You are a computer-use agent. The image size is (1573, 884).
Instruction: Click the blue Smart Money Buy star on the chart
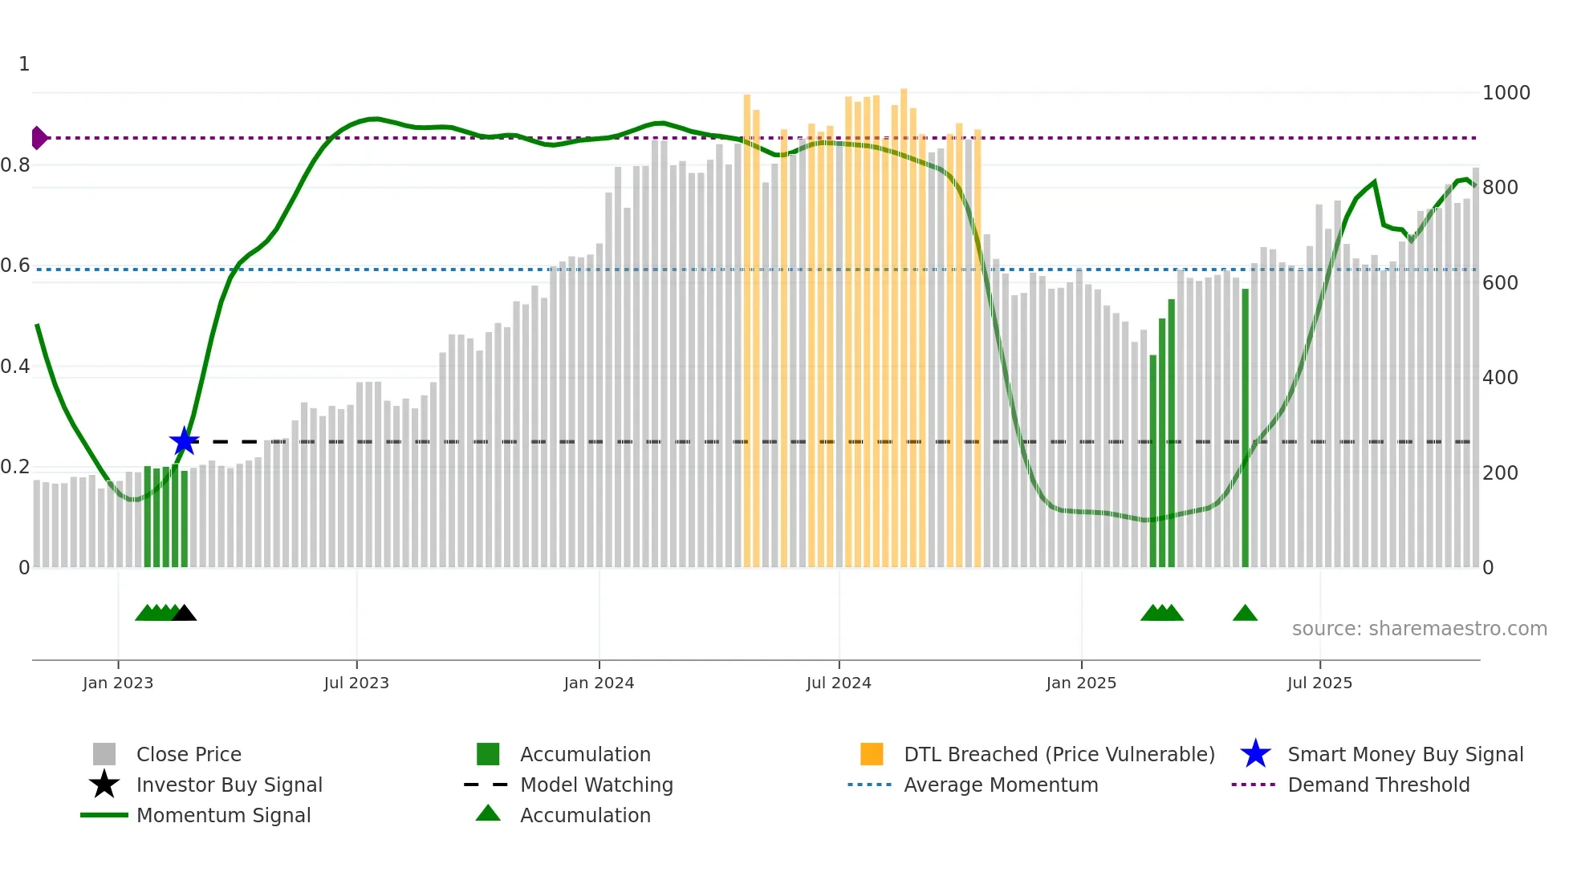coord(184,441)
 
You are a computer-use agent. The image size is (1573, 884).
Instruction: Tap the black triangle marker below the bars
coord(185,614)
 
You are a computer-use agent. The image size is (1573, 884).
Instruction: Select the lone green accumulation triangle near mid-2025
coord(1245,614)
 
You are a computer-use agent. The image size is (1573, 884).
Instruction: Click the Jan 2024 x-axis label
coord(599,683)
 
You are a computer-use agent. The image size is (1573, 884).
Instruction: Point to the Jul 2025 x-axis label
coord(1319,683)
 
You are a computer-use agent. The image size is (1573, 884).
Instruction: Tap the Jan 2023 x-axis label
coord(118,683)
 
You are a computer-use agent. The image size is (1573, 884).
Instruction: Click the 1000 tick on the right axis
coord(1506,93)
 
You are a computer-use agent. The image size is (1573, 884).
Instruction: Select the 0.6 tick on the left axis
coord(16,266)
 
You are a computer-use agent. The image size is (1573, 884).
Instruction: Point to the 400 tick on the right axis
coord(1500,378)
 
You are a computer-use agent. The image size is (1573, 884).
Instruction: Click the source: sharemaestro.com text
coord(1419,629)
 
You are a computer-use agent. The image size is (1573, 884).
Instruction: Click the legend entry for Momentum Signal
coord(223,815)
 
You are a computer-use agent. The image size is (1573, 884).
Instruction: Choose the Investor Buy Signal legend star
coord(104,785)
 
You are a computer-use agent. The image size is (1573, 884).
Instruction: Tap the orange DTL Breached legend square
coord(872,754)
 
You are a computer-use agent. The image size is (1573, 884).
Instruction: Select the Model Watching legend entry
coord(596,785)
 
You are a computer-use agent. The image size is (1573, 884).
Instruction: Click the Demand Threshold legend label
coord(1378,785)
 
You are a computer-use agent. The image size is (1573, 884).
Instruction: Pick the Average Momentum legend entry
coord(1000,785)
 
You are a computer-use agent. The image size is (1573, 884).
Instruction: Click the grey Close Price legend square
coord(104,754)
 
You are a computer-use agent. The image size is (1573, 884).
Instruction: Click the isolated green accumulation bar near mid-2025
coord(1245,429)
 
